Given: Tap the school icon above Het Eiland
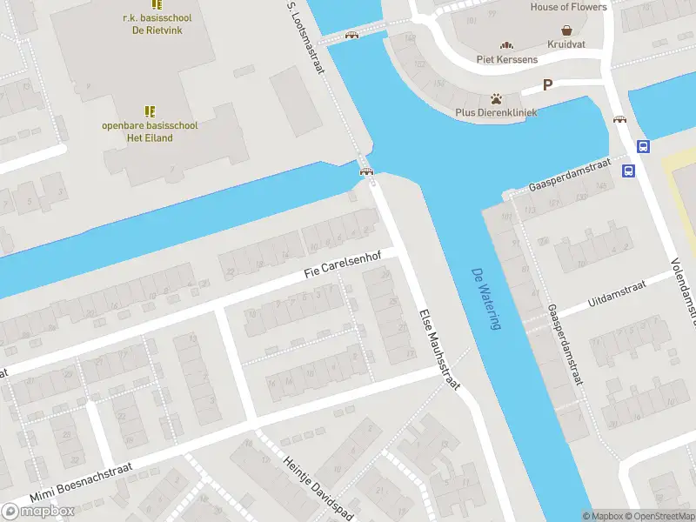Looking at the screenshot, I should point(150,111).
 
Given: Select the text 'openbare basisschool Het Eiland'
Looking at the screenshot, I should point(150,131).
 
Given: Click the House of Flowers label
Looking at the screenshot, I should point(568,7).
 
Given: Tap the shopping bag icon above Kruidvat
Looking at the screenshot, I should point(566,30).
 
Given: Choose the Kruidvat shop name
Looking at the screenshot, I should point(566,43).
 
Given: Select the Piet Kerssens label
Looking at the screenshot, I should point(507,59).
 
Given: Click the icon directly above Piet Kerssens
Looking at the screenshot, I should point(507,45).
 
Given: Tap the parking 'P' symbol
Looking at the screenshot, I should point(547,84).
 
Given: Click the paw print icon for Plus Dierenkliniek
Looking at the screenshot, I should point(496,98).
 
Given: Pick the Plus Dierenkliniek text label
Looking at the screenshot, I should point(496,112).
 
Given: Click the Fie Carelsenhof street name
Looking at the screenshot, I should point(343,264).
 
